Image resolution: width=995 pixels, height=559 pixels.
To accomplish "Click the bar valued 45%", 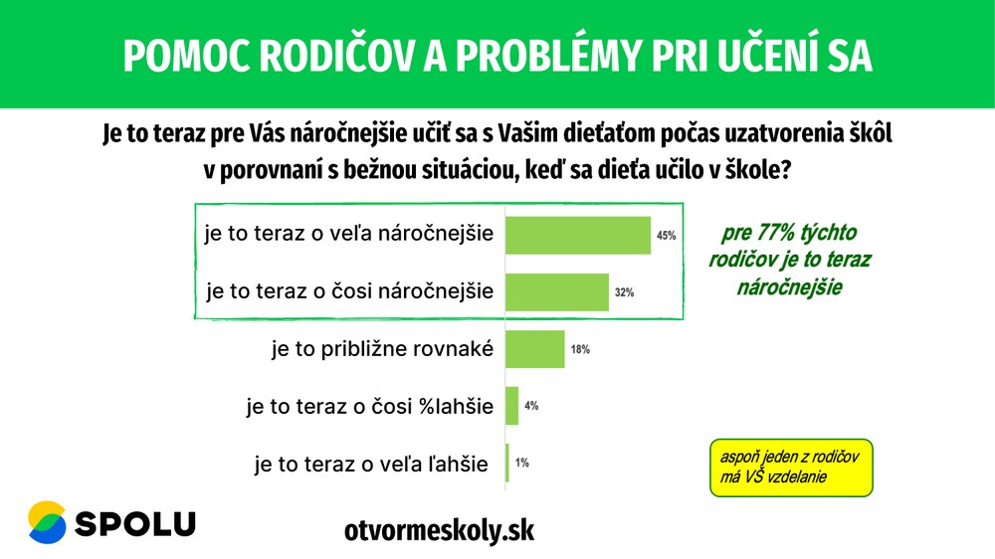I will [578, 236].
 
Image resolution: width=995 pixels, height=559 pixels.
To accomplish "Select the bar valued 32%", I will [557, 292].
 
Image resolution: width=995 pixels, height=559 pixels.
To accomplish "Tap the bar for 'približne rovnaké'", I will [535, 349].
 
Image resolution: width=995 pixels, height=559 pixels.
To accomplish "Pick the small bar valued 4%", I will [512, 406].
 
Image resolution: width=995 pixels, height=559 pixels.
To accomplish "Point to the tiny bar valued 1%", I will [507, 463].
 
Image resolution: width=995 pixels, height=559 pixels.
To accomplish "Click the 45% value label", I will [666, 237].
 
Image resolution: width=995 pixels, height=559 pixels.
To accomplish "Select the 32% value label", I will [624, 293].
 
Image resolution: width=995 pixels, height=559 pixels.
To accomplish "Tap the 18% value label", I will [580, 350].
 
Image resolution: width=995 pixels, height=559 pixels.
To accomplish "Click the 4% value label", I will [531, 406].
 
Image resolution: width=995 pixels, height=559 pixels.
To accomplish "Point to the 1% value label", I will [522, 463].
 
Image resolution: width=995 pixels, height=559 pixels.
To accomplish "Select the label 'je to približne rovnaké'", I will [382, 349].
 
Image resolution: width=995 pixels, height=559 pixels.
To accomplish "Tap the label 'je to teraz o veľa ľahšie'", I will [371, 463].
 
